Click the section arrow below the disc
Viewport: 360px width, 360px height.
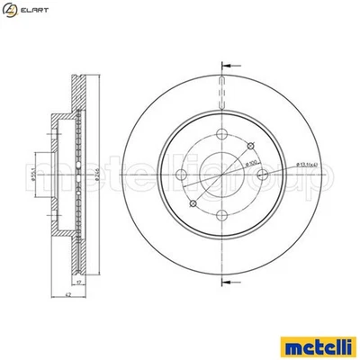224,286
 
